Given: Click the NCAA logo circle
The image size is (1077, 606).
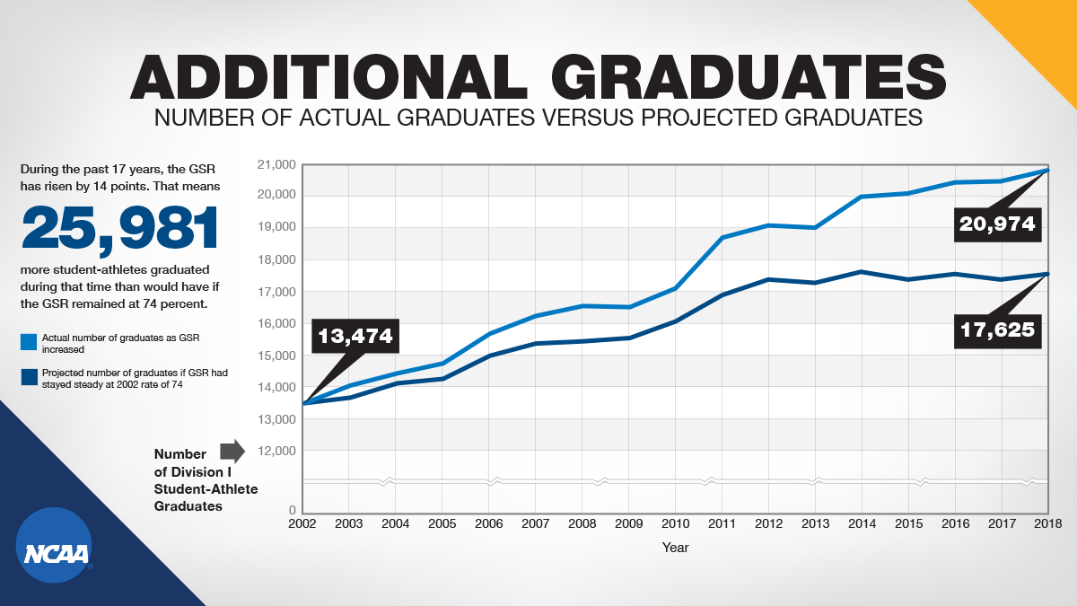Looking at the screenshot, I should [55, 545].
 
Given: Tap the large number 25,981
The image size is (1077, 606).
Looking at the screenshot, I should [121, 228].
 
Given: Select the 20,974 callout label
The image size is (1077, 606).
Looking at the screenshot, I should [997, 224].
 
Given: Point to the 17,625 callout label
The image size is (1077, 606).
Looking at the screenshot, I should [997, 330].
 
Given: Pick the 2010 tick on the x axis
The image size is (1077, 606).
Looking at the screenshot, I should [675, 523].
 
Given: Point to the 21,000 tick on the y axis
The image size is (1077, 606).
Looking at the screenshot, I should [276, 164].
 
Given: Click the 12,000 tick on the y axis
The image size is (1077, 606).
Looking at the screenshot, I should [276, 452].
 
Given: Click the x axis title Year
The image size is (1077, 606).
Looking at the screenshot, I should [675, 546].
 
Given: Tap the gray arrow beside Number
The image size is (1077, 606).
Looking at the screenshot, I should [232, 450].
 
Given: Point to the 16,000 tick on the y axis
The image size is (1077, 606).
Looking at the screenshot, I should [276, 323].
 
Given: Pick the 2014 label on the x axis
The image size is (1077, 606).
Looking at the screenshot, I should [861, 523].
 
